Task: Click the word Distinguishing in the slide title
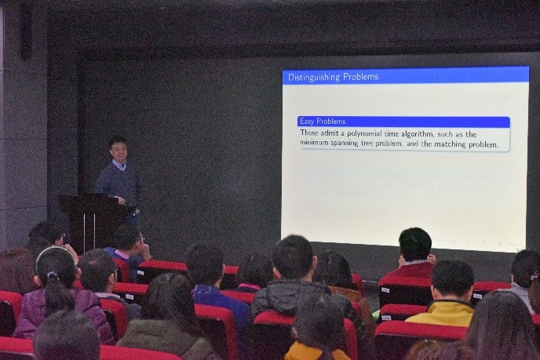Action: click(315, 77)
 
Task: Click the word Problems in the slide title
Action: click(361, 77)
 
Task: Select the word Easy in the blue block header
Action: click(307, 122)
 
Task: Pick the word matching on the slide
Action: click(449, 144)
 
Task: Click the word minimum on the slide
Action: click(314, 142)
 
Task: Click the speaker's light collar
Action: click(119, 165)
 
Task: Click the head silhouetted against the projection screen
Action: click(415, 244)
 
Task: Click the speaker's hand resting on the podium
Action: click(121, 200)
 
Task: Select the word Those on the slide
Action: click(309, 133)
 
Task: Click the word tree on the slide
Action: click(367, 144)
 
